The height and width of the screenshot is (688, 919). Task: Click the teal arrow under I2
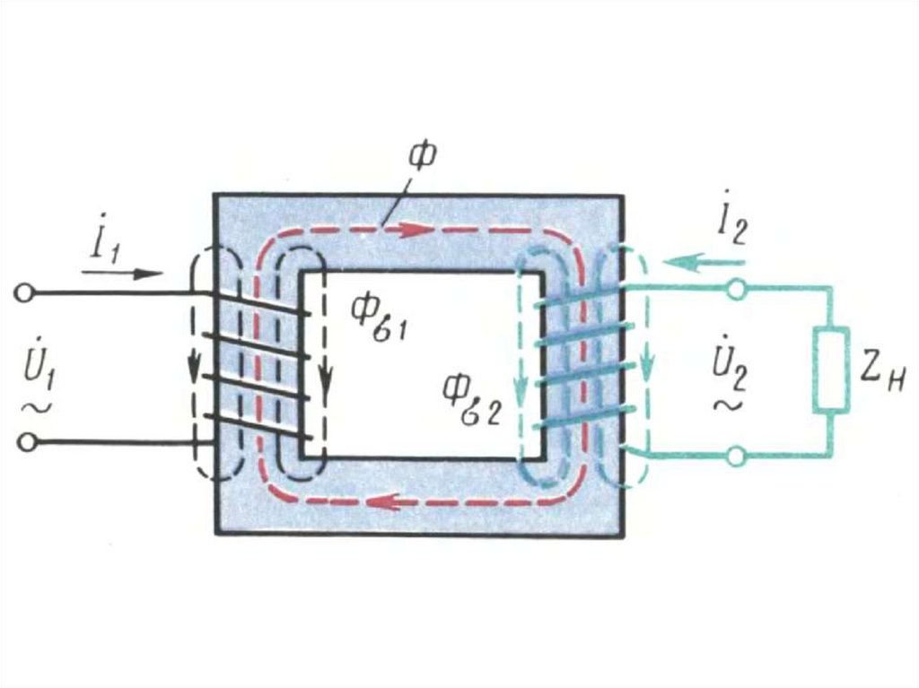click(704, 262)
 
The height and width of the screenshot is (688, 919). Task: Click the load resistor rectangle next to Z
click(832, 370)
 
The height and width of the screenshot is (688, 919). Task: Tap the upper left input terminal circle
click(28, 292)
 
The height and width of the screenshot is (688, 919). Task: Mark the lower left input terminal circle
click(28, 441)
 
